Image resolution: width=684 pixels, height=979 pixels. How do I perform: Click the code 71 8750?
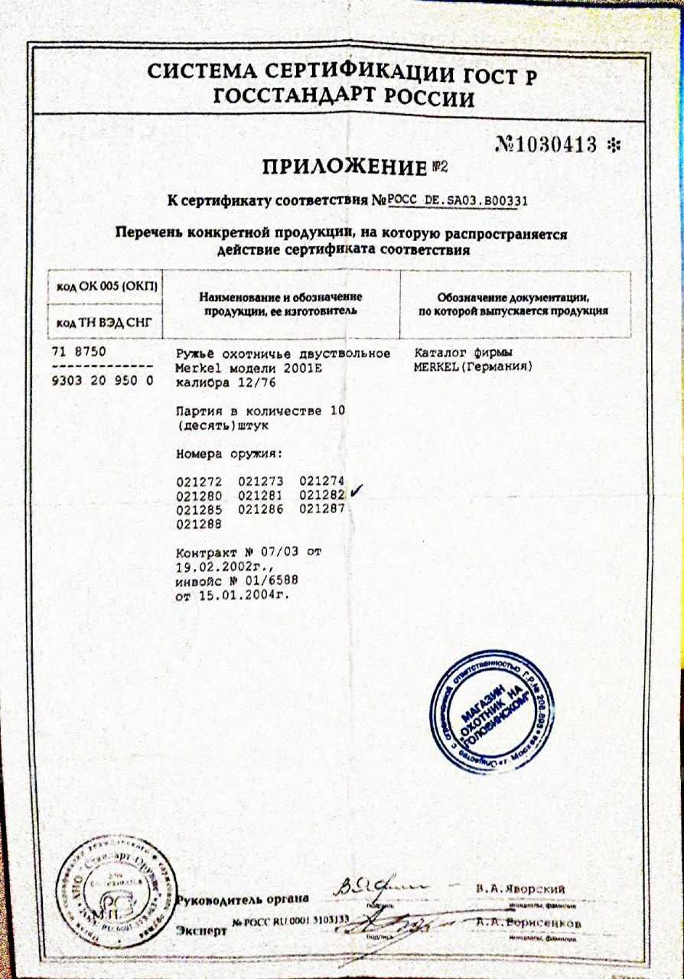[x=78, y=353]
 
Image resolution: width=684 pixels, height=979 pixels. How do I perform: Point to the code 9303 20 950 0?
[x=101, y=380]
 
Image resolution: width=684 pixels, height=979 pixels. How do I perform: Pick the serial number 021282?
[x=322, y=496]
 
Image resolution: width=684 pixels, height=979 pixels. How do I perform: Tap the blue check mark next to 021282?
[x=355, y=494]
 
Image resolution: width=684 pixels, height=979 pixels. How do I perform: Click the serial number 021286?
[x=261, y=509]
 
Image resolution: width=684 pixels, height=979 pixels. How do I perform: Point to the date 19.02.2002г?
[x=219, y=567]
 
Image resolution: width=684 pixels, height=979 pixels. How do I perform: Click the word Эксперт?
[x=202, y=932]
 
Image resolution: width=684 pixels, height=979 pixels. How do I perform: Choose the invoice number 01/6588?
[x=264, y=581]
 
